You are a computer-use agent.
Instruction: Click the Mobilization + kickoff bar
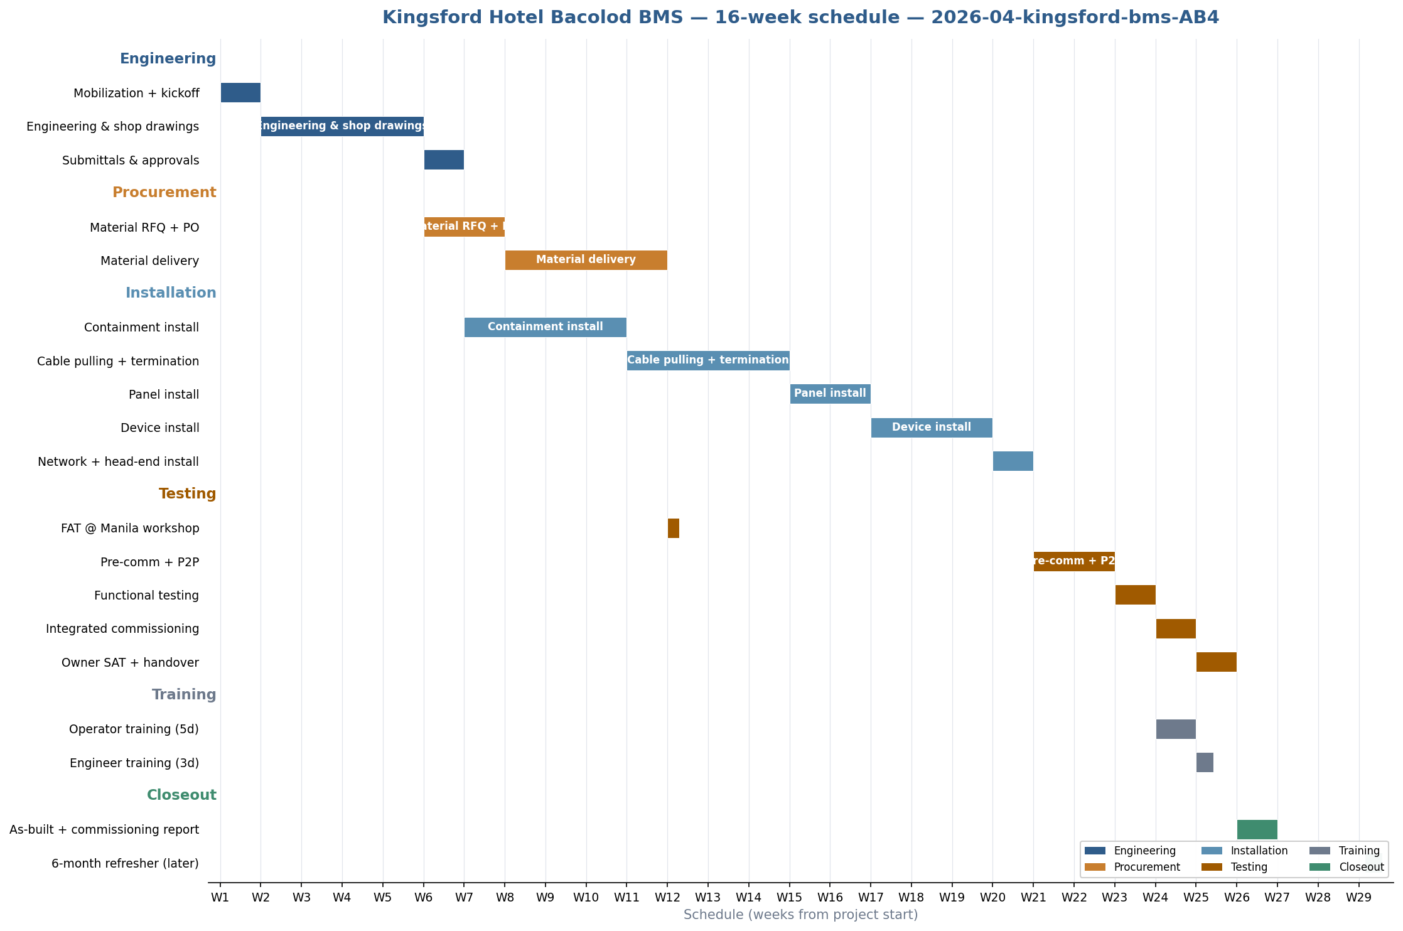point(240,93)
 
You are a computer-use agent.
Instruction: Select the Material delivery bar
point(586,260)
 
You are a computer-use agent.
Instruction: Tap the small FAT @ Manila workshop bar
point(673,528)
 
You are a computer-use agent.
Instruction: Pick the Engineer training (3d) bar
point(1205,762)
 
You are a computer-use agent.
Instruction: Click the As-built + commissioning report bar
point(1257,829)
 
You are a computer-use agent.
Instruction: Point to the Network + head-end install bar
point(1013,461)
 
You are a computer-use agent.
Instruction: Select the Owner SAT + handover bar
point(1216,662)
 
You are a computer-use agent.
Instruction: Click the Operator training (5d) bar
point(1176,729)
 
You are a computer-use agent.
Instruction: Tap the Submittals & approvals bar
point(444,160)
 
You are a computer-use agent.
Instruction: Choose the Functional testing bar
point(1135,595)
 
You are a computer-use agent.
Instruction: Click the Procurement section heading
point(164,193)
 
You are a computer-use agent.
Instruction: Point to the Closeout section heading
point(181,795)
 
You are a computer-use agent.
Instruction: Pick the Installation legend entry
point(1259,851)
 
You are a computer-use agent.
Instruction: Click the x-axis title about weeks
point(800,915)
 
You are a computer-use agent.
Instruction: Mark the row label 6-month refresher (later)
point(125,864)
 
